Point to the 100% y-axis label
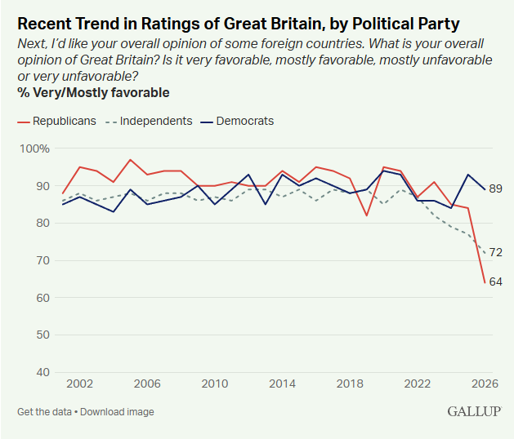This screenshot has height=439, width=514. coord(34,149)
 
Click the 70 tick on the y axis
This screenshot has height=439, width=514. coord(41,260)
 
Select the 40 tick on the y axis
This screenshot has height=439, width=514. coord(41,372)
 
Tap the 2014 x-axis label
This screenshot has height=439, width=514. coord(282,384)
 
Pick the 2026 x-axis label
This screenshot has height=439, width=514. coord(485,384)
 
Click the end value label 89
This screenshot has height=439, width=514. coord(495,189)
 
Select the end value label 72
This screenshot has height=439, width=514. coord(495,253)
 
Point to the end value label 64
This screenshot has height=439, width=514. coord(495,282)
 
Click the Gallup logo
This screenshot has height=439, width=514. coord(473,411)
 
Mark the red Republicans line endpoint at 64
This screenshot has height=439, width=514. coord(485,282)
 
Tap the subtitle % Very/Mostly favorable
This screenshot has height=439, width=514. coord(94,92)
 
